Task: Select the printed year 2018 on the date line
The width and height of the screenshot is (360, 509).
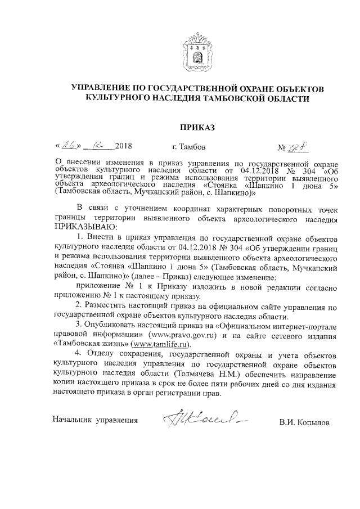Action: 122,147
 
